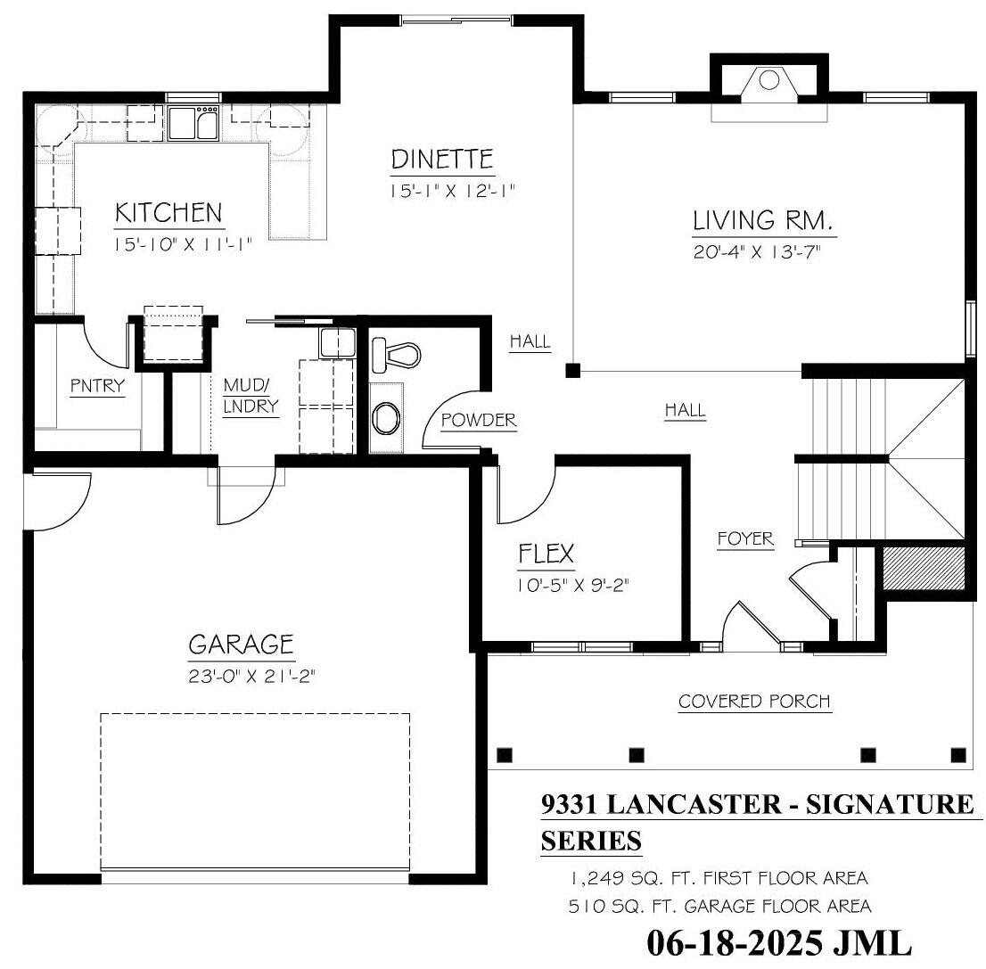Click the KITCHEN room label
click(168, 213)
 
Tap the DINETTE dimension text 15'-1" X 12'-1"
click(453, 190)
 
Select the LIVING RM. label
click(762, 220)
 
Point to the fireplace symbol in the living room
click(768, 80)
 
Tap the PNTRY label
click(97, 386)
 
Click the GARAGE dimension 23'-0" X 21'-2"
click(252, 676)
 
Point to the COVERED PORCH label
click(754, 702)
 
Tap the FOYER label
click(745, 539)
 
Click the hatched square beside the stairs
click(924, 567)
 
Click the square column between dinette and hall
click(574, 369)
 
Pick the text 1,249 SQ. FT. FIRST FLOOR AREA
click(719, 878)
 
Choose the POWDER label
click(479, 420)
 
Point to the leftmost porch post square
click(505, 755)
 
